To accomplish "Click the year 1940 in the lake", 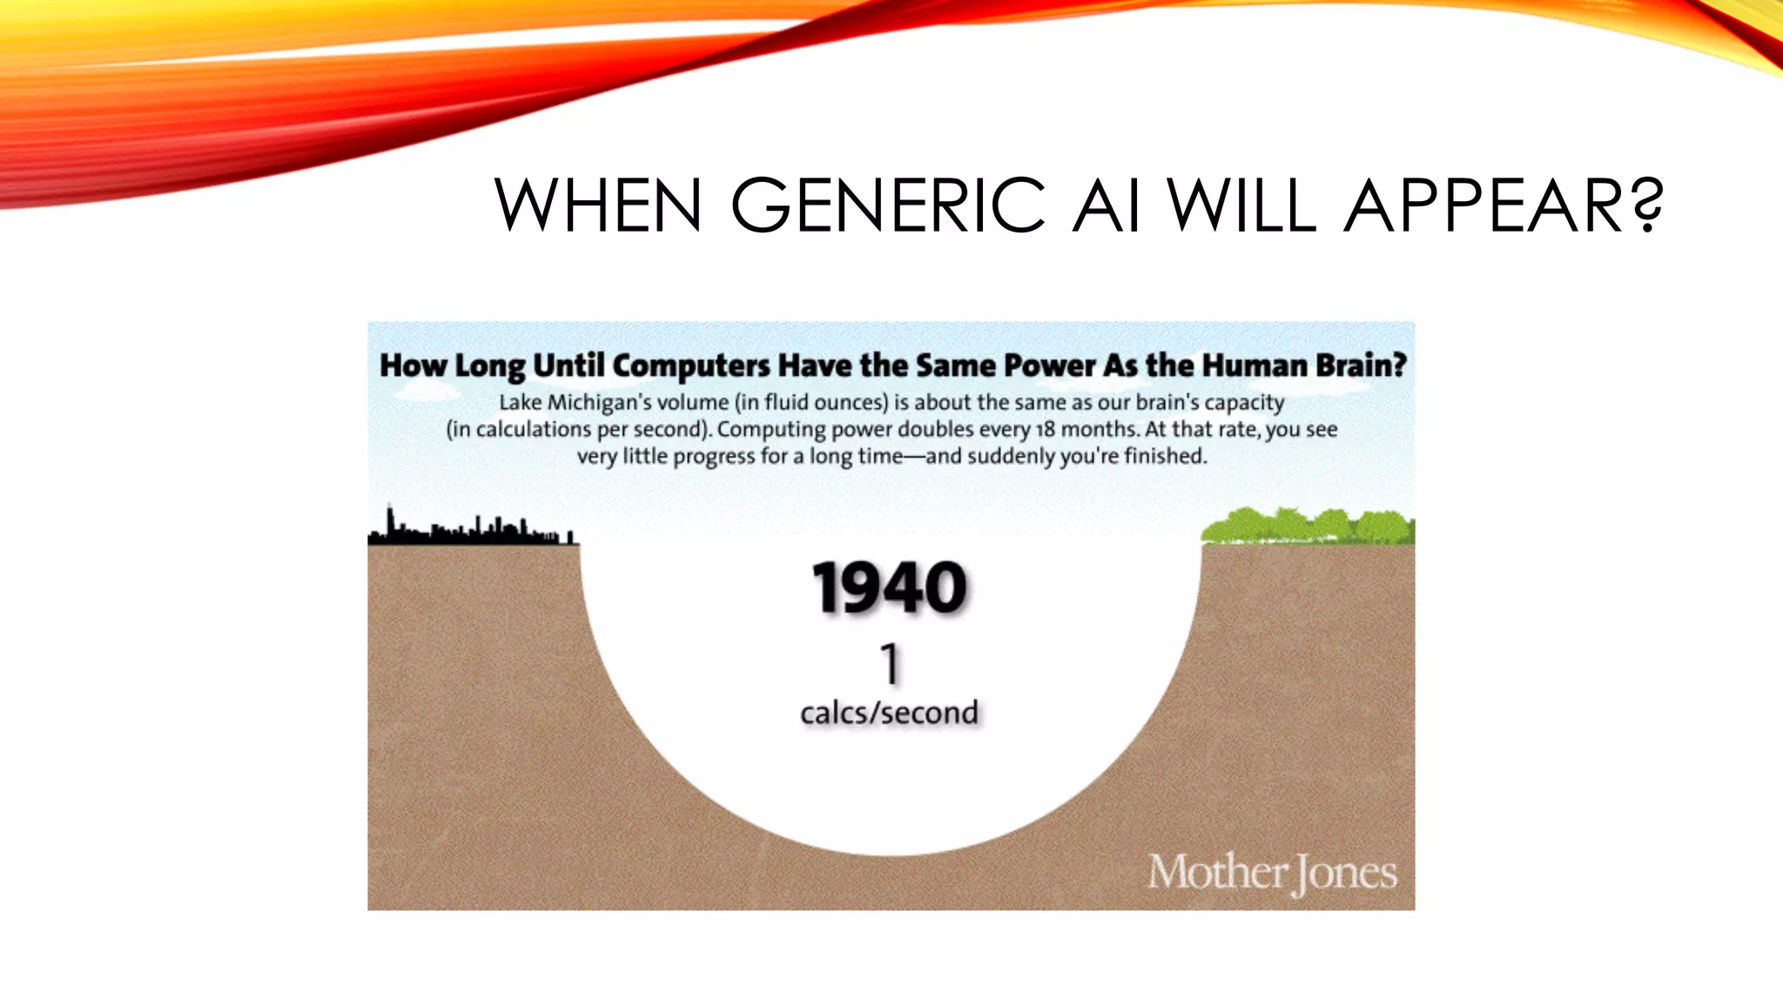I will (x=890, y=589).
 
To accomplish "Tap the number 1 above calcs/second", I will (x=889, y=664).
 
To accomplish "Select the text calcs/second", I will (x=890, y=713).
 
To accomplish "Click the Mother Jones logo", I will (x=1272, y=872).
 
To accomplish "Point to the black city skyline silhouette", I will (x=471, y=529).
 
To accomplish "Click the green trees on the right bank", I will (x=1308, y=527).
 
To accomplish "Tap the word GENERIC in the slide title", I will (x=888, y=206).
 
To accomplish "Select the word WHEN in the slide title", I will (x=599, y=206).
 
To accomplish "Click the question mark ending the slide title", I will (x=1646, y=206).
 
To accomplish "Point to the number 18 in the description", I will (x=1045, y=429).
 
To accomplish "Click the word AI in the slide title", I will (x=1106, y=206).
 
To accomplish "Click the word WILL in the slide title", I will (x=1242, y=206).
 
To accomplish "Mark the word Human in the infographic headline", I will (x=1255, y=366).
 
